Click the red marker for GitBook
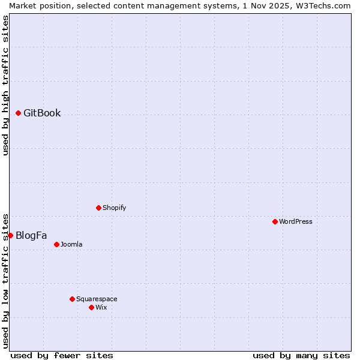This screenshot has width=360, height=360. pos(18,113)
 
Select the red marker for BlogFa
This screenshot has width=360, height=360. pos(10,235)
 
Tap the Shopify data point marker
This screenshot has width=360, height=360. pos(98,208)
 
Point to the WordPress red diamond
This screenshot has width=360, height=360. pos(275,221)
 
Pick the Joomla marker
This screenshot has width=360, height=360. pos(56,244)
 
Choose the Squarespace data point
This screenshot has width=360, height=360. pos(72,299)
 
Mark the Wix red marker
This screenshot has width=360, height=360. pos(91,307)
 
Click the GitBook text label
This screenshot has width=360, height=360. pos(42,113)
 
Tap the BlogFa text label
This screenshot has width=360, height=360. pos(31,235)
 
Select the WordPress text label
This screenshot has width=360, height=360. pos(296,221)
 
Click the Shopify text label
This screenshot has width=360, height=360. pos(115,208)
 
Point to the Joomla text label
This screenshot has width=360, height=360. pos(71,244)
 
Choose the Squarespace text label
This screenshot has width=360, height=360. pos(97,299)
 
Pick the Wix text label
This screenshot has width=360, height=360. pos(101,307)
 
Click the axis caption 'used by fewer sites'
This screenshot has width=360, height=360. pos(62,355)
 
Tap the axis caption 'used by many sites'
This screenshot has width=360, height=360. pos(301,355)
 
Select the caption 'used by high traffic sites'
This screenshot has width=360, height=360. pos(5,85)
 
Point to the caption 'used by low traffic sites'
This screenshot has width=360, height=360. pos(5,280)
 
